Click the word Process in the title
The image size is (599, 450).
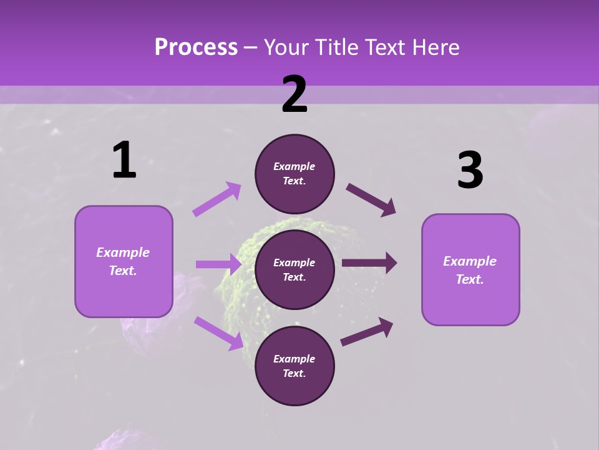click(196, 47)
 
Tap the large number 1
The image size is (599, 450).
click(124, 161)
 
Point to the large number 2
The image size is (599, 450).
click(295, 94)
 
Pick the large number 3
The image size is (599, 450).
click(470, 171)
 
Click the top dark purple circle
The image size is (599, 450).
click(295, 174)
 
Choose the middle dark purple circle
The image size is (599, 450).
click(295, 269)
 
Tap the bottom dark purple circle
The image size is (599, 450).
click(295, 366)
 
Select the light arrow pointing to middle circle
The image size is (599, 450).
click(218, 264)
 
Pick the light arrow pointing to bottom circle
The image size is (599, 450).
click(218, 333)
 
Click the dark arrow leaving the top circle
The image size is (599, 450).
click(371, 200)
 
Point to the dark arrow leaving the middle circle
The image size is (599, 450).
click(369, 263)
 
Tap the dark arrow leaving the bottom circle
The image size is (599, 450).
click(367, 331)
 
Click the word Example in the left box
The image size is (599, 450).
click(123, 252)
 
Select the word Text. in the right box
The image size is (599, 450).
click(470, 279)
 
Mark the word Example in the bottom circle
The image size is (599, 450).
click(295, 359)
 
